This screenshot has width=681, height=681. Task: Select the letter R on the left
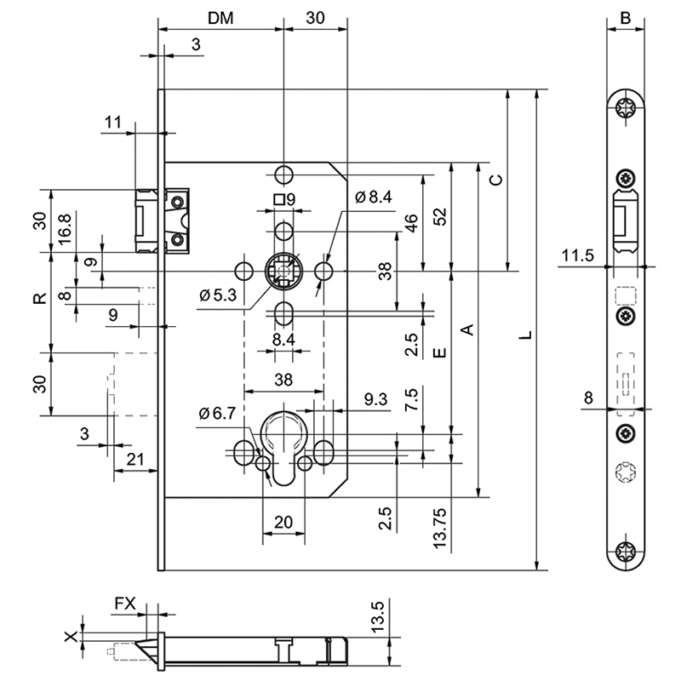pyautogui.click(x=38, y=299)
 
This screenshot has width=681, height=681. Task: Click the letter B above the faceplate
pyautogui.click(x=625, y=17)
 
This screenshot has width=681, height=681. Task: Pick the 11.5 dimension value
pyautogui.click(x=576, y=254)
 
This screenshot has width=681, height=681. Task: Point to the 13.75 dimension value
pyautogui.click(x=439, y=529)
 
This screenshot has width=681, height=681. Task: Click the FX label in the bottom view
pyautogui.click(x=125, y=603)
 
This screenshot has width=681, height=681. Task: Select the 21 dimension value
pyautogui.click(x=134, y=460)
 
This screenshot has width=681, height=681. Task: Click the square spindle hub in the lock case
pyautogui.click(x=283, y=272)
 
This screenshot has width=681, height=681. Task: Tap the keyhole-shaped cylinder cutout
pyautogui.click(x=283, y=443)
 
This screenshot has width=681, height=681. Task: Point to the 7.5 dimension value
pyautogui.click(x=411, y=400)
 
